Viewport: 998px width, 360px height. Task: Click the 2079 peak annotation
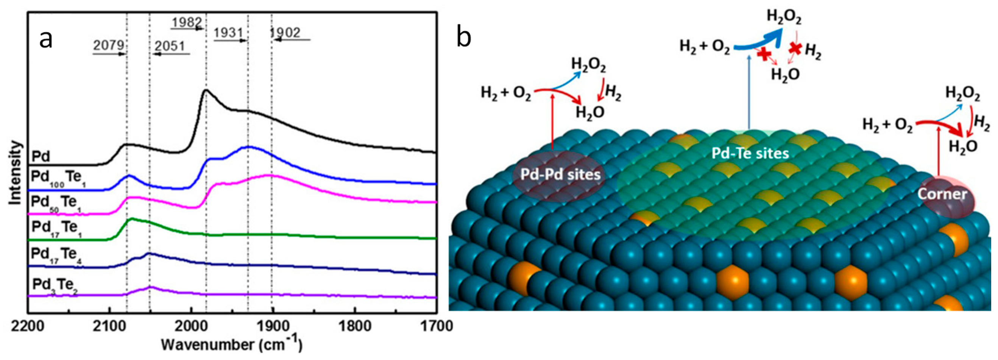[109, 46]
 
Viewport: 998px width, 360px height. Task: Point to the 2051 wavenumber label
[170, 47]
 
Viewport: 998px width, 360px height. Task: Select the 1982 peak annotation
[187, 22]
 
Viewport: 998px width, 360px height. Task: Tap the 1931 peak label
[228, 33]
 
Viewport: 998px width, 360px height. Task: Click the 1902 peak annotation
[285, 33]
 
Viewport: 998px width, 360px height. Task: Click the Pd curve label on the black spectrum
[40, 157]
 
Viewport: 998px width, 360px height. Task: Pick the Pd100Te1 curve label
[58, 178]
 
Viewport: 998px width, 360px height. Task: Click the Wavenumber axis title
[231, 344]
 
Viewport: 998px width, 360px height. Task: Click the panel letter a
[46, 39]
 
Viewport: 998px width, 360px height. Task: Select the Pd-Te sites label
[750, 153]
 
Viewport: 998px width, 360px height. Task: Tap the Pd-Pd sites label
[560, 175]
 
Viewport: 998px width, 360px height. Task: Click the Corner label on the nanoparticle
[942, 194]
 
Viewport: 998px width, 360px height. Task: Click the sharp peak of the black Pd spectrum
[206, 90]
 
